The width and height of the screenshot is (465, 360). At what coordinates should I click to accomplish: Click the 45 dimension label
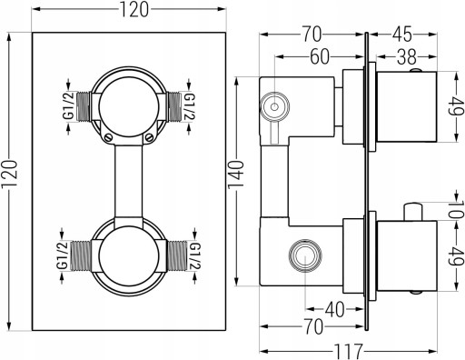coord(402,35)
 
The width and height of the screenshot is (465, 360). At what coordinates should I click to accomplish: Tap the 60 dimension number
coord(320,56)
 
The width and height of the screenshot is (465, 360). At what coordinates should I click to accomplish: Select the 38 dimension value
coord(407,56)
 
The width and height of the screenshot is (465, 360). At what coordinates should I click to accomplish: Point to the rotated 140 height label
coord(236,175)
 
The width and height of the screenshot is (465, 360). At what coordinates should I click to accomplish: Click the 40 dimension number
coord(335,309)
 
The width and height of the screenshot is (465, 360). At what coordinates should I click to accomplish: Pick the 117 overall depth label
coord(348,352)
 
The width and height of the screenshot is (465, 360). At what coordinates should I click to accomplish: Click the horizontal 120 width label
coord(134,9)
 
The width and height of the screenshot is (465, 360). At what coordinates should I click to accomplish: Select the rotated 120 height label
coord(9,175)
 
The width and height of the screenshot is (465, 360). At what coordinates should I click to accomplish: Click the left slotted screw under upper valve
coord(109,138)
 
